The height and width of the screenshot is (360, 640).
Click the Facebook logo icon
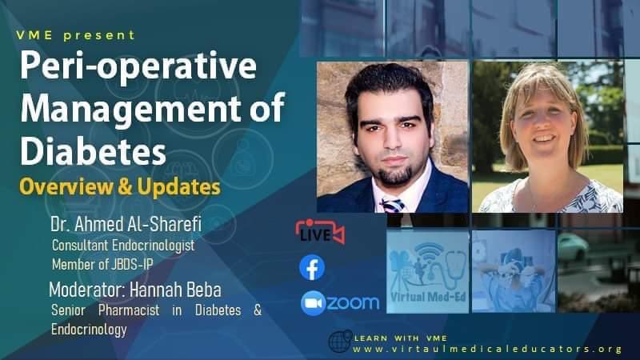tap(312, 268)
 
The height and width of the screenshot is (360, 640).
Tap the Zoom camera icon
tap(313, 303)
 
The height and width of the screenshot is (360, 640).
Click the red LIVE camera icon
tap(319, 233)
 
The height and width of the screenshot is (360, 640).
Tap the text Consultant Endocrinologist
tap(123, 245)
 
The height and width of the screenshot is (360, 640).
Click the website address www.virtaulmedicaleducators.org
tap(487, 349)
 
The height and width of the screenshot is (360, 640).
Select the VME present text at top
tap(76, 35)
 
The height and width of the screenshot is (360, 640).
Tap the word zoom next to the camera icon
tap(353, 303)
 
